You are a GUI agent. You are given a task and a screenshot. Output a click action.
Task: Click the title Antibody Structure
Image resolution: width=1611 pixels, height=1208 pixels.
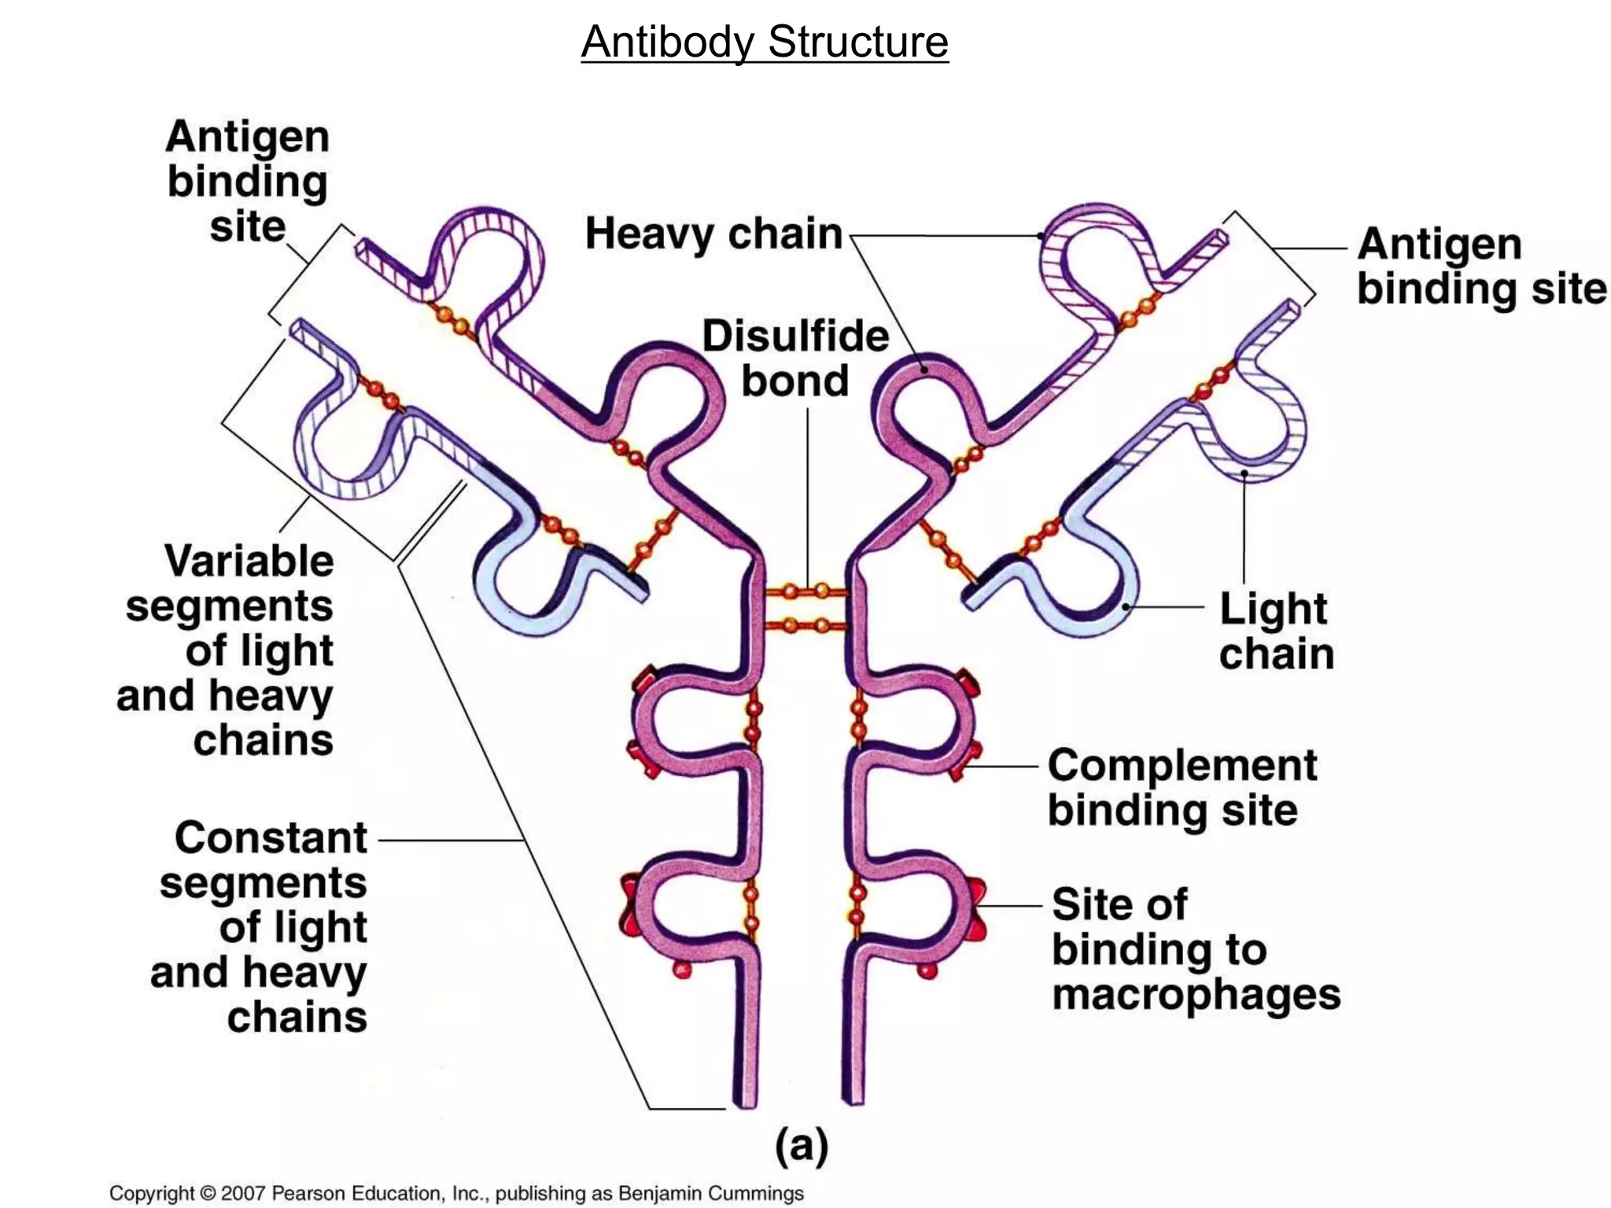765,42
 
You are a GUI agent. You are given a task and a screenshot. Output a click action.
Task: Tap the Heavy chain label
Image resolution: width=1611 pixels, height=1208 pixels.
713,234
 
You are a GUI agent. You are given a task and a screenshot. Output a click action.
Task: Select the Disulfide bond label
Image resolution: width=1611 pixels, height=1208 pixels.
795,359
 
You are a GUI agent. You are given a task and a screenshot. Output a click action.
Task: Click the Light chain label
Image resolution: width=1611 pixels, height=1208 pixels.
1276,632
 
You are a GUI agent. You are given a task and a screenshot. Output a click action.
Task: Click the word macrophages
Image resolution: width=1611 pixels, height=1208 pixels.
1196,994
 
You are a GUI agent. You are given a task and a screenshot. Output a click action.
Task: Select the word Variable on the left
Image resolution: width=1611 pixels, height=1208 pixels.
249,562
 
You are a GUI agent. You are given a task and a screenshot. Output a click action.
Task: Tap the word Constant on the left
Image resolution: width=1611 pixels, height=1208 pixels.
271,838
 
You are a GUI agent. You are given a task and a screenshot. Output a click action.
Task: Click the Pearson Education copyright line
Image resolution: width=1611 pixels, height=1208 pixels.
456,1193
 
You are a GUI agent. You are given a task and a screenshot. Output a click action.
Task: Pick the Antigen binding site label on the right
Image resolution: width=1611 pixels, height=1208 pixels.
1481,266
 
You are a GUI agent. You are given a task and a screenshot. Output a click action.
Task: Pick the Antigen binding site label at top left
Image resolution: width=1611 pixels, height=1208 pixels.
248,182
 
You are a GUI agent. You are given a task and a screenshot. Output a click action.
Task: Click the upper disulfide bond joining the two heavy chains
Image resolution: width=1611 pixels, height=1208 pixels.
807,591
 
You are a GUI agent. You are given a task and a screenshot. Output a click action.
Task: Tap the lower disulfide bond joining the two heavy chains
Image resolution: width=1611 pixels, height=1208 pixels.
807,626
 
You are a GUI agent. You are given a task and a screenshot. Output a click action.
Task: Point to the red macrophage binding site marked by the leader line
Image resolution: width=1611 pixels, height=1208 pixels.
977,907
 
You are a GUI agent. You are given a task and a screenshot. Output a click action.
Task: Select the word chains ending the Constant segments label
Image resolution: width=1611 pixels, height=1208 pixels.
297,1017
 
